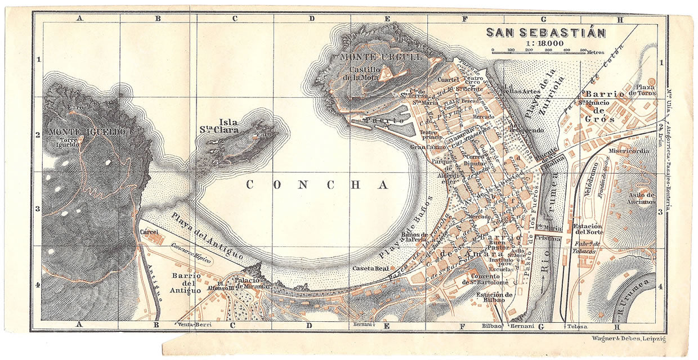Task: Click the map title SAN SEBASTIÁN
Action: pyautogui.click(x=545, y=33)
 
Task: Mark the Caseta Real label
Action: pyautogui.click(x=368, y=268)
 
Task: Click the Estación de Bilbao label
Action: pyautogui.click(x=494, y=298)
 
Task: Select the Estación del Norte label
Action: pyautogui.click(x=589, y=229)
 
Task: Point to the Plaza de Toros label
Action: pyautogui.click(x=645, y=91)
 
